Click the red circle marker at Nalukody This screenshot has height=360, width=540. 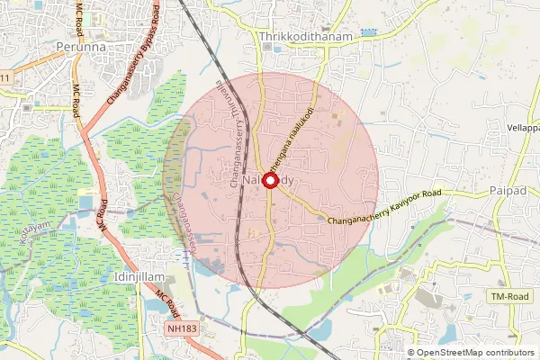coord(269,180)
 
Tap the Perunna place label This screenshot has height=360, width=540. coord(79,45)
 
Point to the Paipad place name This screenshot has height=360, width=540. coord(508,192)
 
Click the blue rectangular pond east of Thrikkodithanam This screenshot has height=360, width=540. coord(367,32)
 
